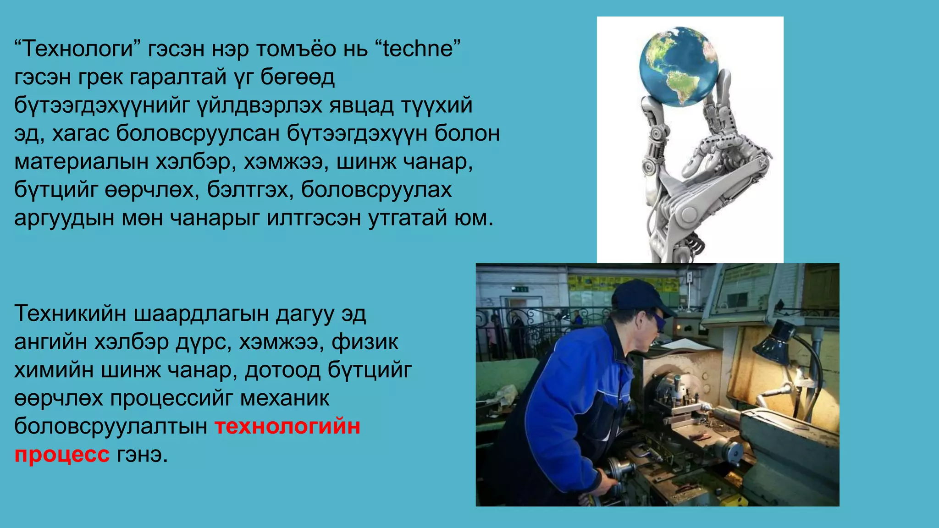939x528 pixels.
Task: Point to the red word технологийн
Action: tap(287, 426)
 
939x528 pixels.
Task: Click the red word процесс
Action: tap(62, 455)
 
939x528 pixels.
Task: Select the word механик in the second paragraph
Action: tap(285, 398)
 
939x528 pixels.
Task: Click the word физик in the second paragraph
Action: tap(365, 342)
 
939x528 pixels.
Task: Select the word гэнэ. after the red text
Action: tap(142, 455)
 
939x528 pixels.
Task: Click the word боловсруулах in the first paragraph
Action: tap(376, 190)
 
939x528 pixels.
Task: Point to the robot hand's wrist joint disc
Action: tap(688, 214)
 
